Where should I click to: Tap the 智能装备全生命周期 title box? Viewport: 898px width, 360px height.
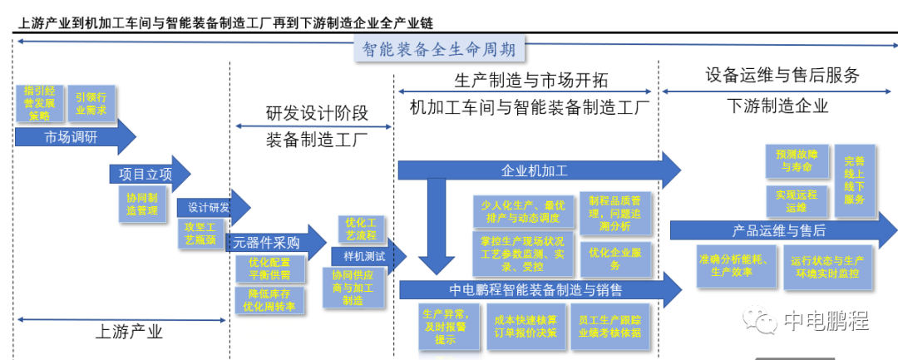point(440,49)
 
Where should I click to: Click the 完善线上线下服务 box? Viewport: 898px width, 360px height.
point(854,180)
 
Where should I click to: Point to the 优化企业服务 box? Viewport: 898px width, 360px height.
point(615,258)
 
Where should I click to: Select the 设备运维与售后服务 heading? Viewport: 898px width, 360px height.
point(782,76)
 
